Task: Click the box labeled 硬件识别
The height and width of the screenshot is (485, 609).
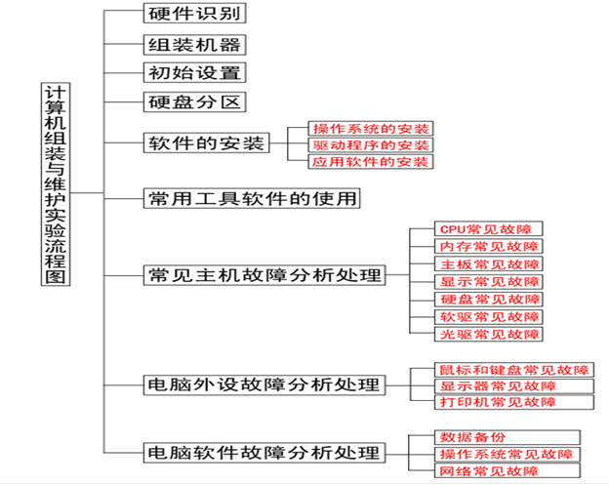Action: click(x=194, y=14)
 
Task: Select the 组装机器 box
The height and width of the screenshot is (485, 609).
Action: click(x=194, y=45)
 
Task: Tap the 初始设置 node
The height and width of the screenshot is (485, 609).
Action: click(x=194, y=72)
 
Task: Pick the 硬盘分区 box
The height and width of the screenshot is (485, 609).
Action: click(x=194, y=102)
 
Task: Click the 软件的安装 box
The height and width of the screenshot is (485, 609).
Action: click(x=206, y=142)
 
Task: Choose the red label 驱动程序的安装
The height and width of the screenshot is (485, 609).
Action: click(x=371, y=145)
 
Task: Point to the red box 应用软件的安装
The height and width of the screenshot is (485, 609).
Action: click(x=371, y=162)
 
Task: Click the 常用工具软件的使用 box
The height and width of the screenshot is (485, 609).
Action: click(x=252, y=198)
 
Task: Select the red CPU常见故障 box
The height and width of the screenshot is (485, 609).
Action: click(x=488, y=228)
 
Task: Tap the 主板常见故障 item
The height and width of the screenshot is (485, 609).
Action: click(x=488, y=264)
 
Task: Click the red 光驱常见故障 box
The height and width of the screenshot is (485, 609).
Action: click(x=488, y=334)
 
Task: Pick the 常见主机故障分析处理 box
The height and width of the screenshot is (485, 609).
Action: click(x=264, y=275)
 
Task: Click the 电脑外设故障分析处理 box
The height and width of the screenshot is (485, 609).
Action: click(x=264, y=384)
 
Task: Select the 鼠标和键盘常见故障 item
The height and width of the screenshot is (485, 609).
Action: click(x=513, y=370)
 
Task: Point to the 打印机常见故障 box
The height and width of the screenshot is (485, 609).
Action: click(x=513, y=402)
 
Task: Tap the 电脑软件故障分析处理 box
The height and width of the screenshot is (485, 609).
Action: click(x=264, y=453)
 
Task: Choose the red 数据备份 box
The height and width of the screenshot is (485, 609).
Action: click(x=507, y=437)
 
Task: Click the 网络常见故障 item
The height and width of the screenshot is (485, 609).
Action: click(x=507, y=470)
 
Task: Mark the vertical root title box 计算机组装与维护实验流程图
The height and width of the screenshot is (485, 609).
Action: click(x=56, y=184)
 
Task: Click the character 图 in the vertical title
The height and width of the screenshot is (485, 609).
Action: click(x=56, y=276)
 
